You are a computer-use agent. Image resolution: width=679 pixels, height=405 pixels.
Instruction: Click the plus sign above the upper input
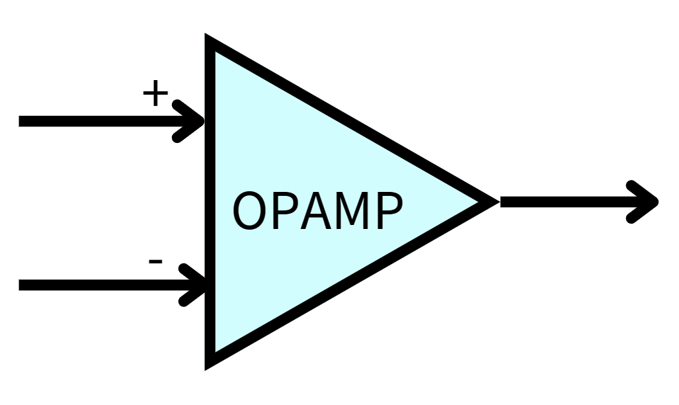[x=155, y=94]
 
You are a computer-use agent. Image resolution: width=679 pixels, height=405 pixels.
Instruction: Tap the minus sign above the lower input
[x=155, y=262]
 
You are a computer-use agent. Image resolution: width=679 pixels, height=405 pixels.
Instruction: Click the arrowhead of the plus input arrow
[x=194, y=120]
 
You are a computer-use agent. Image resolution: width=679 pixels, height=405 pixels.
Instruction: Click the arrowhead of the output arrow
[x=648, y=201]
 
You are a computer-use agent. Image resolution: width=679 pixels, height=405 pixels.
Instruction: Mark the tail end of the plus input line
[x=22, y=120]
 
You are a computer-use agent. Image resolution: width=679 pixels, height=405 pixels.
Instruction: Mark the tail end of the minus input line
[x=22, y=285]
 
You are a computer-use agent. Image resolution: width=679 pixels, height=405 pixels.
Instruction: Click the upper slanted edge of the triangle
[x=350, y=121]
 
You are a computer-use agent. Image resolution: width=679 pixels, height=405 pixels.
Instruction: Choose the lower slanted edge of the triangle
[x=350, y=281]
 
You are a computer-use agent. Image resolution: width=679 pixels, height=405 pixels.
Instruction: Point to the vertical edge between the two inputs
[x=211, y=202]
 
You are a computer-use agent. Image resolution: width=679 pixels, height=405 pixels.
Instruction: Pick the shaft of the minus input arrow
[x=99, y=285]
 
